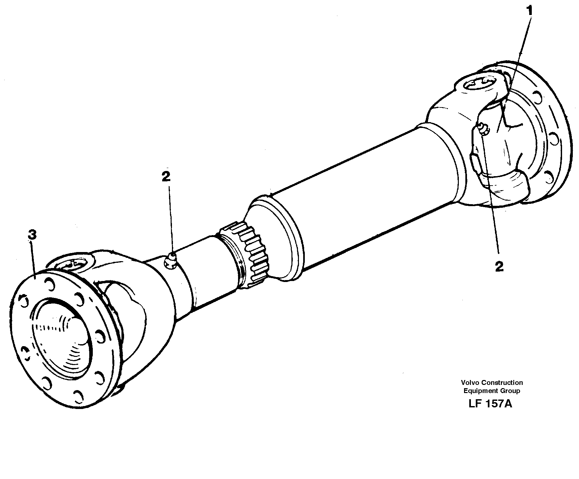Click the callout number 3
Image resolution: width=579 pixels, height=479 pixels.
point(32,234)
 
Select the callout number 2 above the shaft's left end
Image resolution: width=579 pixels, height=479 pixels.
point(166,176)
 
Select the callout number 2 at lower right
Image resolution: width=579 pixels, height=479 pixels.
point(499,267)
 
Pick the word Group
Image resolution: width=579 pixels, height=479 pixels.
point(511,391)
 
